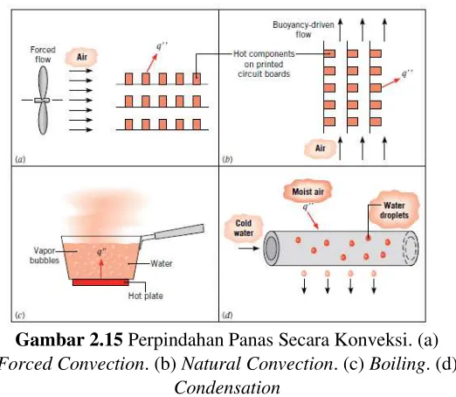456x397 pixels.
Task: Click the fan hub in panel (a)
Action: [x=42, y=101]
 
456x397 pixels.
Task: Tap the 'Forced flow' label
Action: [x=43, y=54]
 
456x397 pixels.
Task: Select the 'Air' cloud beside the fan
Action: [x=81, y=57]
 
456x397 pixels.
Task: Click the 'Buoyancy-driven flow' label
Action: [x=303, y=30]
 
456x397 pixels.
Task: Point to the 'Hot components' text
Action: [x=264, y=54]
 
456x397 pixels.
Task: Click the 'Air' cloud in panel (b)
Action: [x=320, y=149]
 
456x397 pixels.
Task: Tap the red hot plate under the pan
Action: [x=100, y=282]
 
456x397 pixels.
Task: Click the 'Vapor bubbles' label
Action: [x=45, y=255]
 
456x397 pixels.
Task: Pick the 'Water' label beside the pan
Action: [x=162, y=263]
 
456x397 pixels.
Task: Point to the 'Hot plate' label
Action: [x=146, y=296]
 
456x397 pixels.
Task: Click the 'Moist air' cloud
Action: [x=307, y=192]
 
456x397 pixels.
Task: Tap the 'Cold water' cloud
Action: [x=244, y=228]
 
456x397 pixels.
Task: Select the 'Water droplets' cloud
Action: [x=394, y=210]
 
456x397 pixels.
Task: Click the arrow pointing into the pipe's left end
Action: [x=248, y=248]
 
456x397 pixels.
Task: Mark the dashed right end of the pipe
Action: [x=411, y=248]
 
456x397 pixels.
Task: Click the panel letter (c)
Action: [x=20, y=315]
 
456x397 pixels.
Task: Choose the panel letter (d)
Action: [x=227, y=315]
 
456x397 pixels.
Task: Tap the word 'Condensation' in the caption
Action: [x=227, y=387]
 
